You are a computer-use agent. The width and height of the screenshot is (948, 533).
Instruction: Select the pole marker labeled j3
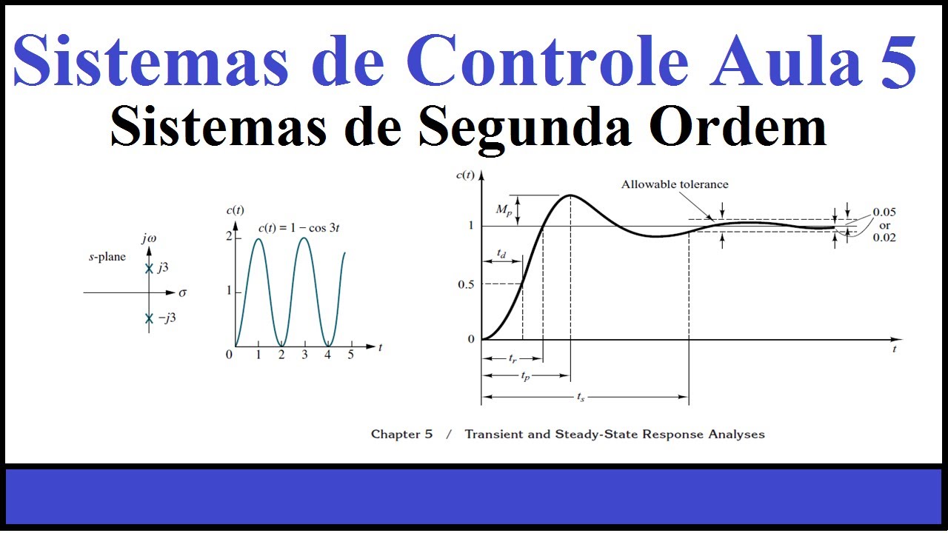pos(149,269)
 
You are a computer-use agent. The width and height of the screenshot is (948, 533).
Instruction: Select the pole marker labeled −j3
pos(149,318)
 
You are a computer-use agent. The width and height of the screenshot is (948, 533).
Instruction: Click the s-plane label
pos(107,257)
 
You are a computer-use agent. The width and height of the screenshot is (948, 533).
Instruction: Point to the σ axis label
pos(182,292)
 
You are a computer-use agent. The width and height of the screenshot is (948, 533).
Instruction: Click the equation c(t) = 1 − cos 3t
pos(298,227)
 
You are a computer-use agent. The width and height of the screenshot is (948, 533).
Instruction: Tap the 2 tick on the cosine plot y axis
pos(229,236)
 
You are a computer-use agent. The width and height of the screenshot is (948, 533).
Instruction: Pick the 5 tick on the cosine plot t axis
pos(351,355)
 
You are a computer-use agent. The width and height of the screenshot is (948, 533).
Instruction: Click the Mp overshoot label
pos(504,210)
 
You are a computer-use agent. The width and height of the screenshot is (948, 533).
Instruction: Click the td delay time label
pos(501,254)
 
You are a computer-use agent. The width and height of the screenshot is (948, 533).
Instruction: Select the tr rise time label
pos(512,358)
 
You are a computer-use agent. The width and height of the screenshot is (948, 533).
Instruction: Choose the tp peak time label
pos(525,375)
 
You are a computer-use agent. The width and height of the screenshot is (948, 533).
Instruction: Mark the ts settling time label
pos(581,397)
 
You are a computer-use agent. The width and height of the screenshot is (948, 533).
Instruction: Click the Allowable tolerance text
pos(675,184)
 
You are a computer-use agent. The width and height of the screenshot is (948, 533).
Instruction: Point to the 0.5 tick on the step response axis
pos(465,284)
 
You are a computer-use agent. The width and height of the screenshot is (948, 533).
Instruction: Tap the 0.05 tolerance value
pos(884,212)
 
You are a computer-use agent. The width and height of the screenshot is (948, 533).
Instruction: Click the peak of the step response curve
pos(570,195)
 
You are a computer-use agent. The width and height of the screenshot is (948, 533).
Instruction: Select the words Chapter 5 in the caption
pos(401,435)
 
